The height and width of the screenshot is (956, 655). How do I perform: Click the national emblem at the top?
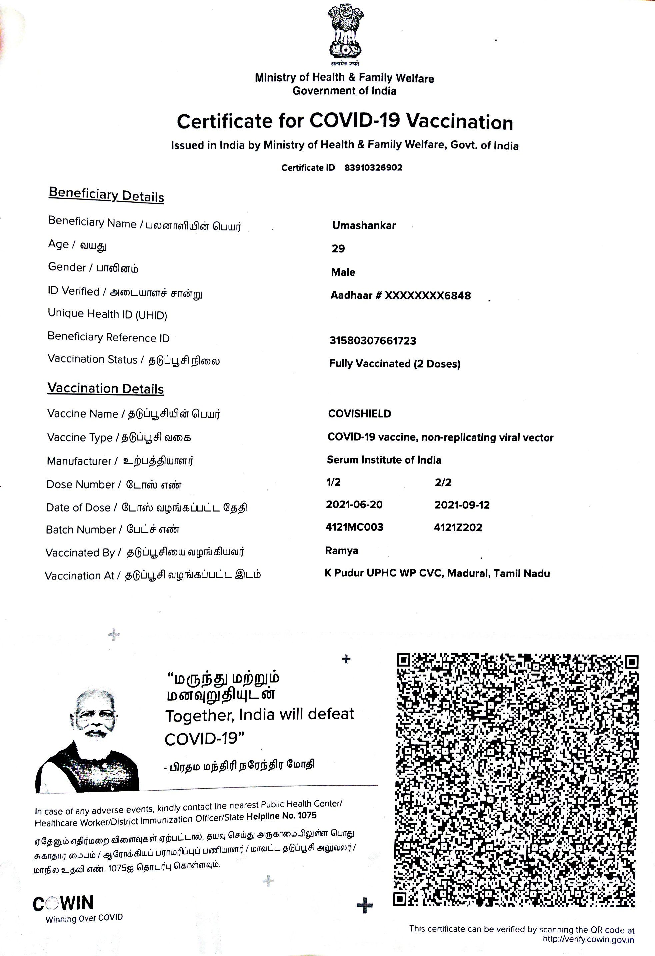(x=345, y=32)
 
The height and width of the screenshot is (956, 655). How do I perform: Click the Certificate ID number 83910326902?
(x=373, y=168)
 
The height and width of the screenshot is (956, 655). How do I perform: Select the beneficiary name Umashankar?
(x=364, y=225)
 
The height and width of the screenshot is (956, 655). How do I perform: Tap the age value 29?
(x=338, y=248)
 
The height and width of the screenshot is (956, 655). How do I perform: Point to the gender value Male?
(x=343, y=272)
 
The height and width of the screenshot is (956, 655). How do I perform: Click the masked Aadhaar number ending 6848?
(x=400, y=295)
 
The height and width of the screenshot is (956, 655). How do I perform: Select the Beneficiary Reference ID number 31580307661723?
(x=373, y=340)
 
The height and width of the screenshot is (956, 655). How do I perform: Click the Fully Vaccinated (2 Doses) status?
(x=395, y=364)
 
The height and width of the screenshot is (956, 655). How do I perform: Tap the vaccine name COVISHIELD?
(x=359, y=414)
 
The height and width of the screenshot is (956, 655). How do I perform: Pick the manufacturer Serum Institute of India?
(x=384, y=460)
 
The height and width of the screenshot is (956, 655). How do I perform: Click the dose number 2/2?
(x=443, y=483)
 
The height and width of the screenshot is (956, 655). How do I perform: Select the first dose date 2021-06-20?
(x=354, y=505)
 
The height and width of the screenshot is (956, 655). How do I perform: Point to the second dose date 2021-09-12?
(x=462, y=505)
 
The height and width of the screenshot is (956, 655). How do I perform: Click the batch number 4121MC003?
(x=354, y=528)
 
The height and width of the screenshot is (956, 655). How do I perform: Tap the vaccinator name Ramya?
(x=341, y=551)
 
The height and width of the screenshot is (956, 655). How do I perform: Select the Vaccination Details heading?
(x=105, y=389)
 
